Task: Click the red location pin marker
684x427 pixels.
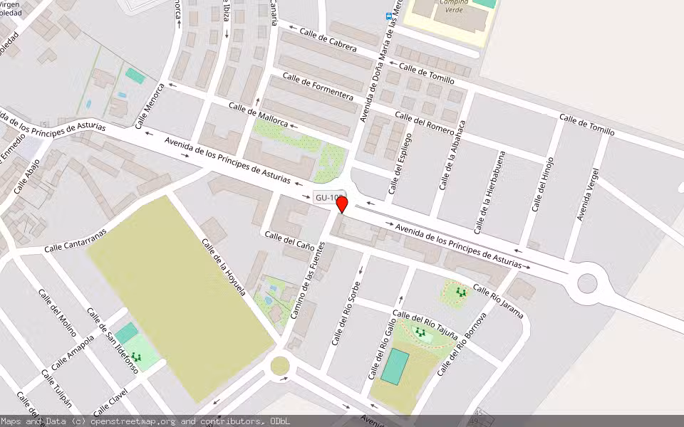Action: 342,204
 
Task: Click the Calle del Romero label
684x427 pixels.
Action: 424,122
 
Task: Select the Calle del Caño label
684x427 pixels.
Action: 289,240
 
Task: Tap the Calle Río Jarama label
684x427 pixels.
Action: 498,301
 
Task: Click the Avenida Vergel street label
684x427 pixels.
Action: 588,194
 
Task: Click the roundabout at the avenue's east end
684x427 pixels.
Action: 587,283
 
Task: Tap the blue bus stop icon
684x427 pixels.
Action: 388,16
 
